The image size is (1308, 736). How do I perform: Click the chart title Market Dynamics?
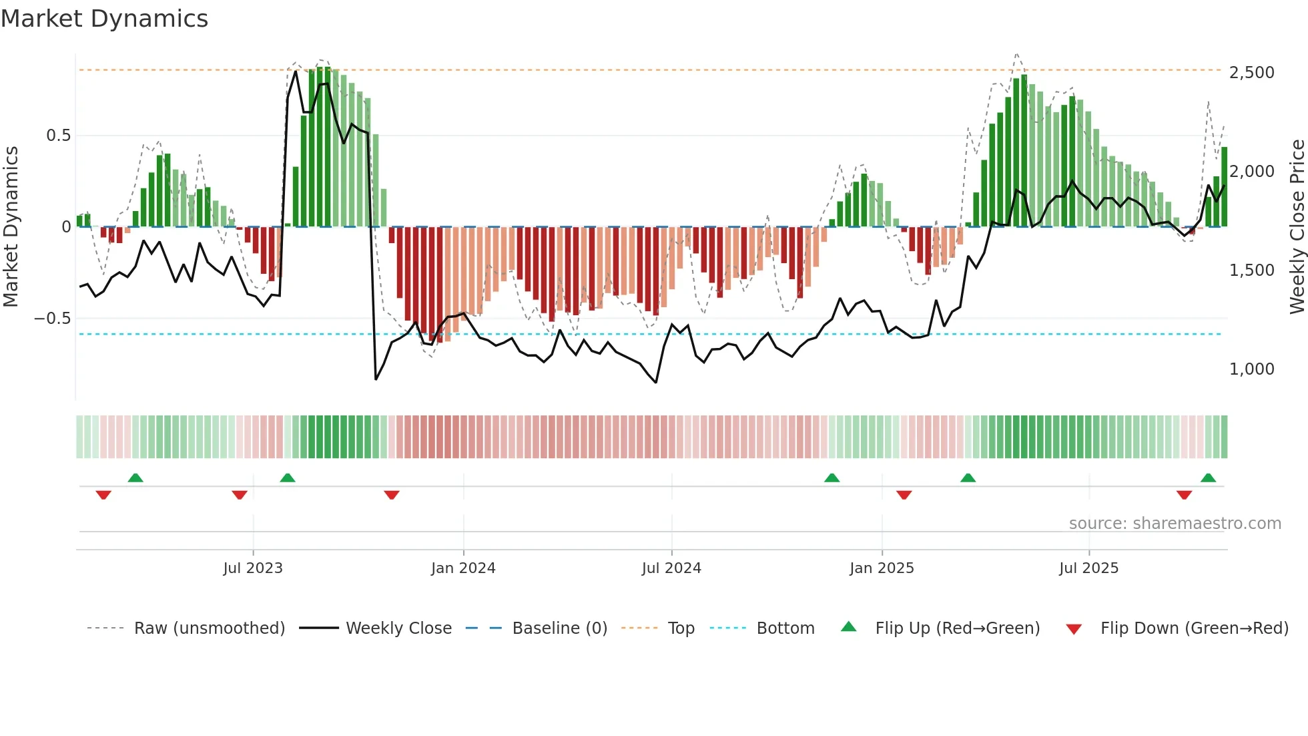point(105,19)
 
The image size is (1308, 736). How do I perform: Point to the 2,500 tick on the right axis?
point(1251,72)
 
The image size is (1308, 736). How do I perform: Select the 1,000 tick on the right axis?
point(1251,369)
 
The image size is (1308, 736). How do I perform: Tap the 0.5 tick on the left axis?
point(58,136)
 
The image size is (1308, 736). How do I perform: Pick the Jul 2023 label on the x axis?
point(253,568)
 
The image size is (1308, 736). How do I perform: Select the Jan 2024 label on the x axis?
point(463,568)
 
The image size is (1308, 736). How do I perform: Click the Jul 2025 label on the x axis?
point(1088,568)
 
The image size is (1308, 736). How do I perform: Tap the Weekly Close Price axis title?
point(1297,227)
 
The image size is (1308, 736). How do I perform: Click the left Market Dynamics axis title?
point(11,227)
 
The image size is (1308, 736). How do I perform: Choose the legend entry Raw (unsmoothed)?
point(209,628)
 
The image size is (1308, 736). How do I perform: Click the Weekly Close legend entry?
point(398,628)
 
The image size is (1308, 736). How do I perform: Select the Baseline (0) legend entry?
point(559,628)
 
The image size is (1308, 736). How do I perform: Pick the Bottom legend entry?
point(785,628)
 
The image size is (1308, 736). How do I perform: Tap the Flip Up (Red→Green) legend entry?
point(957,628)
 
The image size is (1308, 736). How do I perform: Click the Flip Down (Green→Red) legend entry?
point(1194,628)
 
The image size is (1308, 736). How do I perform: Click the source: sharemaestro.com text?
point(1175,524)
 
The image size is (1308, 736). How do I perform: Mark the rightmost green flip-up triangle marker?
point(1208,478)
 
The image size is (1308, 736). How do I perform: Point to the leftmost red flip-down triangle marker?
point(103,494)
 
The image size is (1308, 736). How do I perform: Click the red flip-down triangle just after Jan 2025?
point(904,494)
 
